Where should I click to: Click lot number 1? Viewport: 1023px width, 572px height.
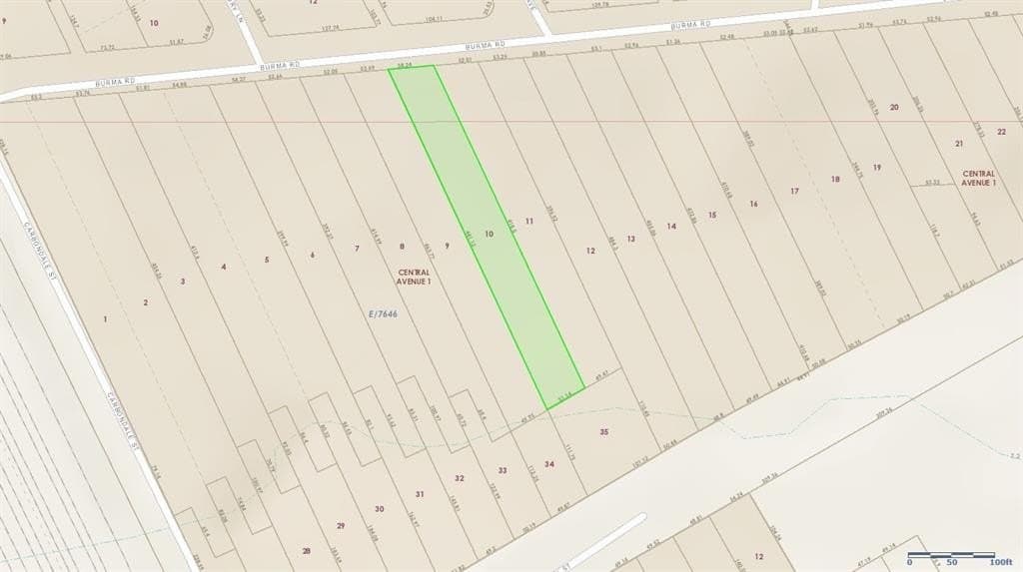105,318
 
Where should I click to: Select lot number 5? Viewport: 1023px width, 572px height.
267,260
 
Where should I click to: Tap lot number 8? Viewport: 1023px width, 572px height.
402,246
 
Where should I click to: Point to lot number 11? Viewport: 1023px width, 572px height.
529,220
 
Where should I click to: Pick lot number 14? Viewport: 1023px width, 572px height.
671,227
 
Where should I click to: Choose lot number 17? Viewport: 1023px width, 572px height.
795,191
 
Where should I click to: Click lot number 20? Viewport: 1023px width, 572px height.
894,107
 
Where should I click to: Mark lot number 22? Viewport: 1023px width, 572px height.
1001,131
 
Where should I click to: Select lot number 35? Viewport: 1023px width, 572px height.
603,431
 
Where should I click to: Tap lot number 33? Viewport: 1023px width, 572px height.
503,470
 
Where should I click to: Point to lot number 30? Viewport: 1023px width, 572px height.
379,509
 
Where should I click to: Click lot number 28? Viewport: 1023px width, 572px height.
307,550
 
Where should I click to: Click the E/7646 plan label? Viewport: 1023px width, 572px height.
384,313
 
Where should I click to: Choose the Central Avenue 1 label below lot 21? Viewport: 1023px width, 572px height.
979,179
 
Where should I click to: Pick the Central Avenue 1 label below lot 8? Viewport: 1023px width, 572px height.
415,277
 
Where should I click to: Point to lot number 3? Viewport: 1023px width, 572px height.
183,282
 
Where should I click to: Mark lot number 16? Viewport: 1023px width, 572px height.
753,204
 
